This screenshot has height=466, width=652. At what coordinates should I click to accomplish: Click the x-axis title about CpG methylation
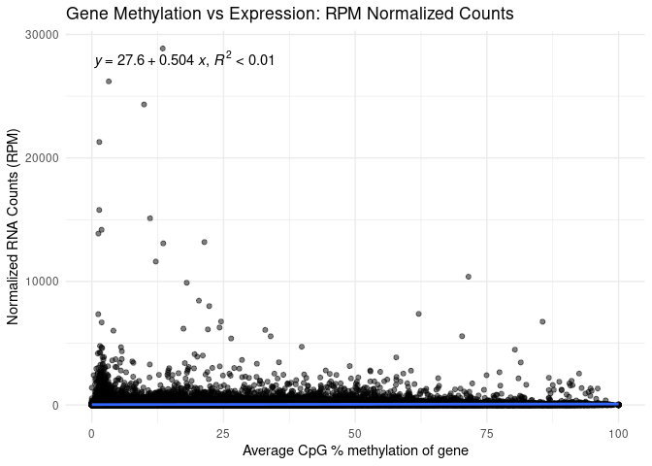click(x=355, y=450)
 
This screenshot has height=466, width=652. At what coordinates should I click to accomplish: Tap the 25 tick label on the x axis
click(x=223, y=430)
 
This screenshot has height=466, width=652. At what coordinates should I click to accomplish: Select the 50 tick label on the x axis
click(x=355, y=430)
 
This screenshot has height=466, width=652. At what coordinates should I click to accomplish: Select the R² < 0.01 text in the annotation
click(x=244, y=60)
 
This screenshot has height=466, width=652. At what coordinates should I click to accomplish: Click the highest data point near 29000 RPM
click(x=162, y=49)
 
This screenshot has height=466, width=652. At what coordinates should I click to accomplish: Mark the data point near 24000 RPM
click(x=144, y=104)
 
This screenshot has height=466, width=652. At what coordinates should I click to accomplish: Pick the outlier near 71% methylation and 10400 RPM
click(x=468, y=277)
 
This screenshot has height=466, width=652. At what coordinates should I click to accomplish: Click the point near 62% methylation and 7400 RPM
click(x=418, y=314)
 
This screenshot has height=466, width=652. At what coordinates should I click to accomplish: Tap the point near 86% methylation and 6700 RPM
click(x=542, y=321)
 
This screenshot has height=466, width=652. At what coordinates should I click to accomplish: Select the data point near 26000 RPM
click(x=109, y=82)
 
